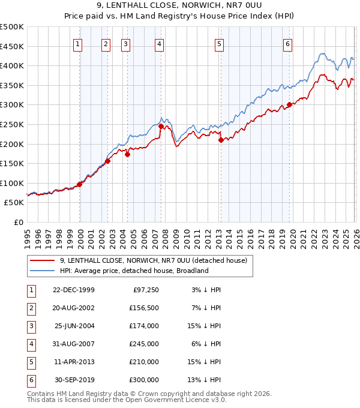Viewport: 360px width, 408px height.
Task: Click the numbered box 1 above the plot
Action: [79, 43]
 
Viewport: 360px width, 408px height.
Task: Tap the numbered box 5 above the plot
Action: [219, 43]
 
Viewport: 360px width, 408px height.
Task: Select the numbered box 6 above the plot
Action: [288, 43]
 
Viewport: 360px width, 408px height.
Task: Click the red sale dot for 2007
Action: [161, 127]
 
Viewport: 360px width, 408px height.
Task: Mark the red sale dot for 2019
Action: [289, 104]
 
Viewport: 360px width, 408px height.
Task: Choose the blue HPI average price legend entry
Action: [133, 271]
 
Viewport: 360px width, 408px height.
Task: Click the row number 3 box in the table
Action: [30, 326]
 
